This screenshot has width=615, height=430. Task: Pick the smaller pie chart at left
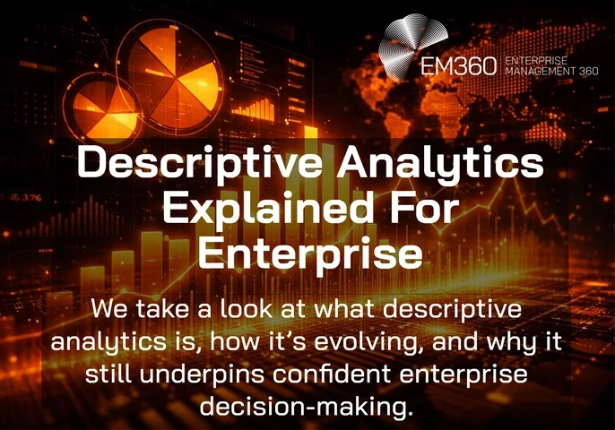104,109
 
